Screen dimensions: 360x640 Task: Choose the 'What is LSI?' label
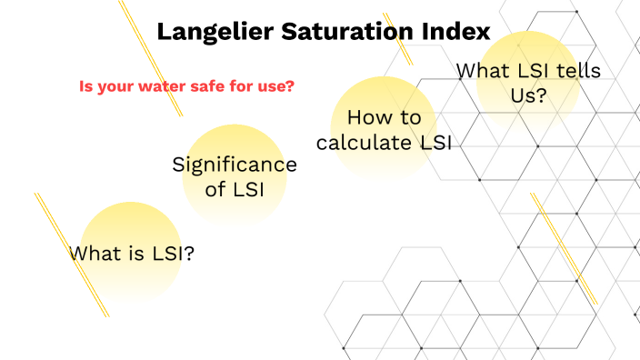click(x=133, y=254)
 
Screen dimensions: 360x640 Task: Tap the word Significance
click(x=235, y=165)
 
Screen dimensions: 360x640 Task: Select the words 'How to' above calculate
click(x=385, y=117)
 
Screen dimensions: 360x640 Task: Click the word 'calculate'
click(x=366, y=143)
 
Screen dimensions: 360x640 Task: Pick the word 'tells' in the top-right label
click(x=579, y=70)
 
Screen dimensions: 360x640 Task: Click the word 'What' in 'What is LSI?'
click(x=93, y=254)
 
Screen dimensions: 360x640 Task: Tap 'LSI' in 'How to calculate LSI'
click(x=435, y=143)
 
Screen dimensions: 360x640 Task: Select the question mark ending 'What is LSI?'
click(x=189, y=254)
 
